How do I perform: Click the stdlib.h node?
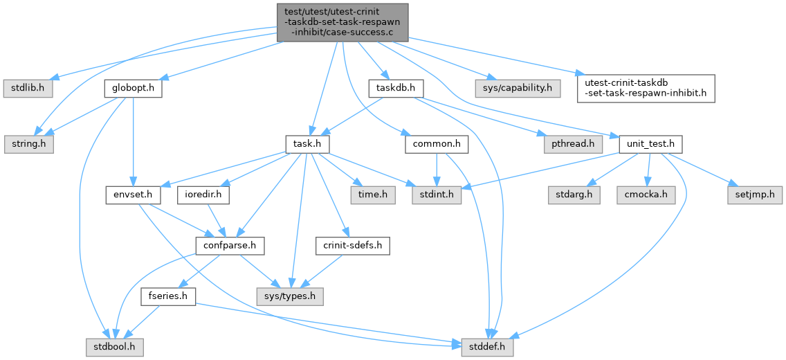click(29, 89)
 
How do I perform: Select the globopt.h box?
click(129, 89)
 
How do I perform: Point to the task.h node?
click(307, 145)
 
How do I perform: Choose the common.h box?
click(436, 145)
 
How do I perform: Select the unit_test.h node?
click(650, 145)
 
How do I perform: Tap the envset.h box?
click(133, 195)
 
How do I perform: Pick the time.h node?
click(374, 195)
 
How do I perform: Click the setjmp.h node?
click(754, 195)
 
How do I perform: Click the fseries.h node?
click(167, 296)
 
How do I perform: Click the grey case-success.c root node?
click(342, 21)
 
